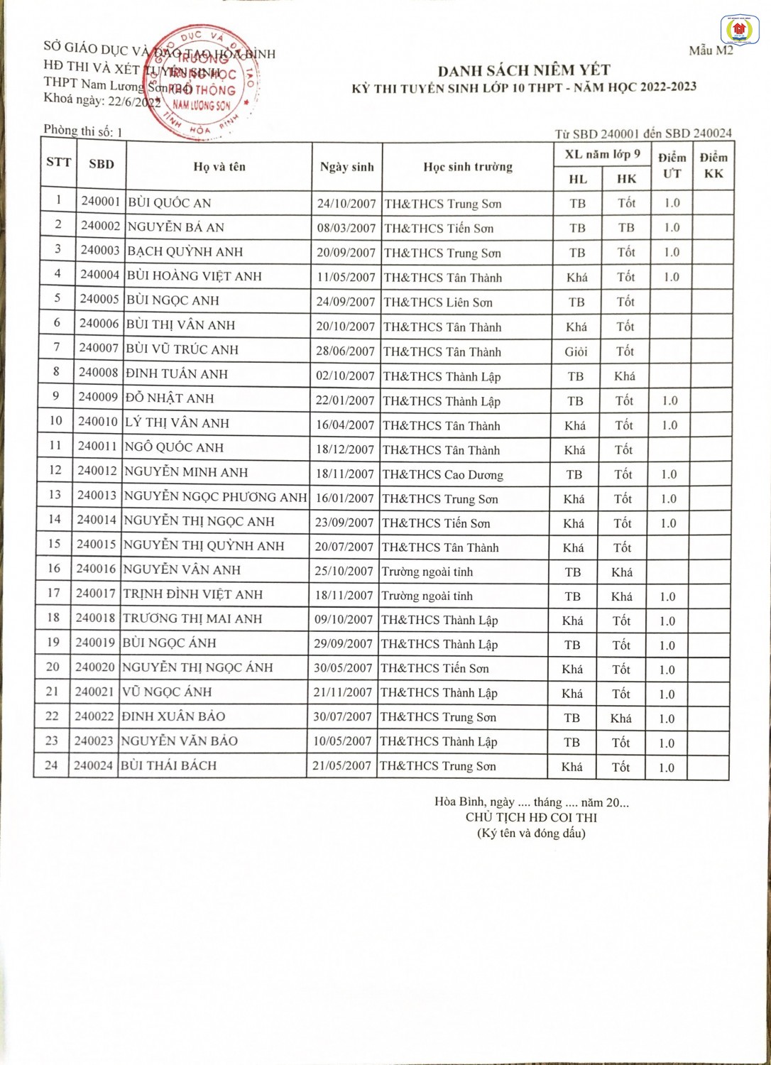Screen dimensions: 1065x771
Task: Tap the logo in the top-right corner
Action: (x=739, y=30)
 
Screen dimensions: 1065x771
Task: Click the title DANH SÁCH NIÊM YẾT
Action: (x=524, y=70)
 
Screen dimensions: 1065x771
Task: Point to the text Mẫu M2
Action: (x=711, y=50)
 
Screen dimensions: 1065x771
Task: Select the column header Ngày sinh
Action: (x=346, y=167)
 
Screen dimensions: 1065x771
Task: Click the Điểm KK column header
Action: (x=713, y=165)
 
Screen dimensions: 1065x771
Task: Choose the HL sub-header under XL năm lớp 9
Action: (x=578, y=180)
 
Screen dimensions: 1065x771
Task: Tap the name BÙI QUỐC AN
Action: (x=170, y=203)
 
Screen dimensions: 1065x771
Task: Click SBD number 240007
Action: (x=99, y=348)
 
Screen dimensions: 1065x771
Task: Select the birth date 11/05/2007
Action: (x=346, y=277)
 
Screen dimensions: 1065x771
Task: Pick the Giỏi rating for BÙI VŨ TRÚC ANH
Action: (x=576, y=351)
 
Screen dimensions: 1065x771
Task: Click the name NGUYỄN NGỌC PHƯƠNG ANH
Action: (x=215, y=497)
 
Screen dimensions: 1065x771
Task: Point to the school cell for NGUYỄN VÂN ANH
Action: (x=427, y=572)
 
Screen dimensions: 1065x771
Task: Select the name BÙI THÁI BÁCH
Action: (x=169, y=765)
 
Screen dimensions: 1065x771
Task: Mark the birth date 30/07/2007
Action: (x=342, y=717)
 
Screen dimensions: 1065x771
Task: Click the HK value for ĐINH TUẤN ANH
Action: (x=625, y=376)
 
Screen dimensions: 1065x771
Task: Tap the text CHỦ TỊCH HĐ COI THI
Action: (x=531, y=817)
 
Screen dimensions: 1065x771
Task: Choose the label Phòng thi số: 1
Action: (x=82, y=131)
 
